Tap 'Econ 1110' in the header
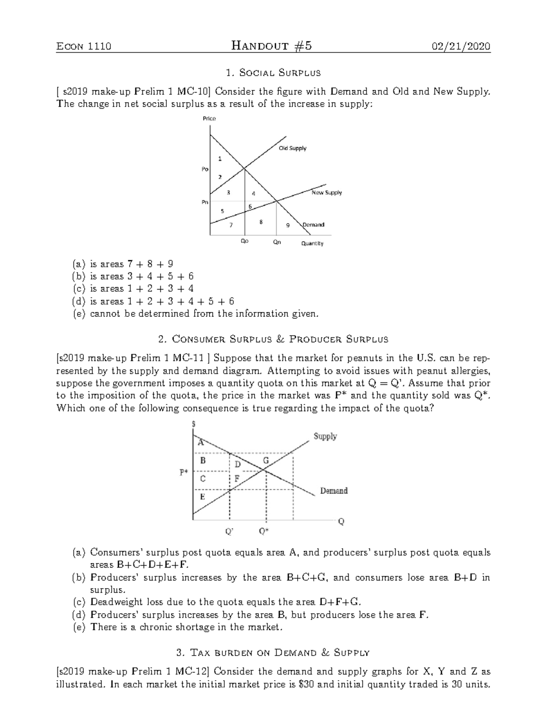[x=83, y=46]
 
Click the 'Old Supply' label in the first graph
[x=293, y=148]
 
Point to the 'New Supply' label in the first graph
[x=326, y=192]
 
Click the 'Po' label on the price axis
[x=205, y=169]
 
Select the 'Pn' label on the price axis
[x=205, y=202]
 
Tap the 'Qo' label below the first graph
[x=245, y=242]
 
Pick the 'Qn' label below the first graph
[x=277, y=242]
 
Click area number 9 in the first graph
[x=288, y=225]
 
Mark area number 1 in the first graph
[x=220, y=159]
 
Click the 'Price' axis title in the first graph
[x=209, y=119]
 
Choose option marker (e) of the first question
[x=78, y=314]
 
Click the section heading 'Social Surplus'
[x=273, y=73]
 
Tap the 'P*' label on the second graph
[x=183, y=472]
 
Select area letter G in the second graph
[x=266, y=461]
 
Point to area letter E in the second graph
[x=202, y=496]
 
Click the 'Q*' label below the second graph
[x=264, y=531]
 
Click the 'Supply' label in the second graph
[x=325, y=436]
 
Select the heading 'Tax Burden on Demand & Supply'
[x=273, y=652]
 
